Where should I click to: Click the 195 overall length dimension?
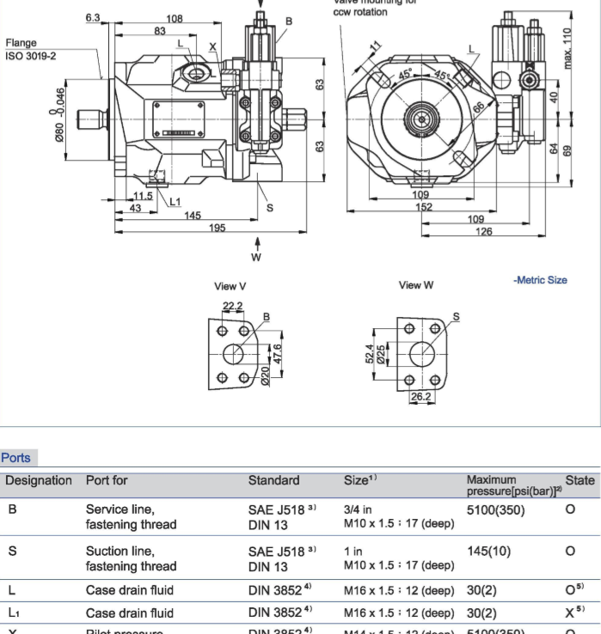[217, 228]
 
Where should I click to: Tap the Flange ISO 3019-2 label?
[31, 50]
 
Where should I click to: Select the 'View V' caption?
[230, 286]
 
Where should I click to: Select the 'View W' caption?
[416, 285]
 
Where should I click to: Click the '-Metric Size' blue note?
[540, 280]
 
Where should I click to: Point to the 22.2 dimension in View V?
[232, 307]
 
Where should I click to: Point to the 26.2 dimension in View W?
[421, 396]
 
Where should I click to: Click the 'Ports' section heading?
[15, 458]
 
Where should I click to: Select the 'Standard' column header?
[273, 480]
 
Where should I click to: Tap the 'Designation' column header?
[40, 480]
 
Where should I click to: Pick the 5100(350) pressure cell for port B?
[495, 509]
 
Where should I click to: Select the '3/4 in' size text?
[359, 509]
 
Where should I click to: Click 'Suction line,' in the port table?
[120, 551]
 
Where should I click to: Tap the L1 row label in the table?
[15, 613]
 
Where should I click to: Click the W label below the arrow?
[255, 257]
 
